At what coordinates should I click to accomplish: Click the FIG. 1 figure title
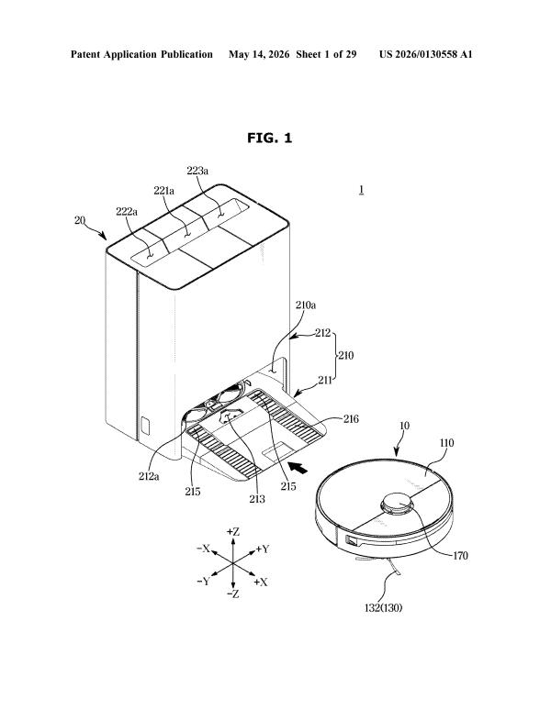pyautogui.click(x=270, y=138)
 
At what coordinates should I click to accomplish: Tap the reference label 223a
pyautogui.click(x=197, y=171)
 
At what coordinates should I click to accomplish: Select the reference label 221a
pyautogui.click(x=164, y=191)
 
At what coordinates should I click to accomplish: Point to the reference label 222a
pyautogui.click(x=127, y=211)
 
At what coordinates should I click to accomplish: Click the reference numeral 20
pyautogui.click(x=80, y=220)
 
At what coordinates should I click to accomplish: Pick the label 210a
pyautogui.click(x=306, y=305)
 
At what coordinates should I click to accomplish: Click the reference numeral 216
pyautogui.click(x=351, y=419)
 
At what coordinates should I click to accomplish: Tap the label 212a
pyautogui.click(x=149, y=476)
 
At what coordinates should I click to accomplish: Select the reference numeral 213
pyautogui.click(x=257, y=498)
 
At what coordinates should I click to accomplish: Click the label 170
pyautogui.click(x=460, y=556)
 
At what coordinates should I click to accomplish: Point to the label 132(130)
pyautogui.click(x=383, y=607)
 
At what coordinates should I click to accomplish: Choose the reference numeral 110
pyautogui.click(x=447, y=443)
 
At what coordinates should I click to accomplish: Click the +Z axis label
pyautogui.click(x=233, y=532)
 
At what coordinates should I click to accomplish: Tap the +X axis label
pyautogui.click(x=261, y=582)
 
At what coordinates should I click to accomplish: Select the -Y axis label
pyautogui.click(x=204, y=582)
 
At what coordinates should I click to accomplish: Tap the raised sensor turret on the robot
pyautogui.click(x=398, y=503)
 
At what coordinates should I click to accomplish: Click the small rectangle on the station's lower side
pyautogui.click(x=146, y=425)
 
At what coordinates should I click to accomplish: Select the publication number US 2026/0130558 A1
pyautogui.click(x=426, y=54)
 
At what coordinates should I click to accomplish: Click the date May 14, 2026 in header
pyautogui.click(x=259, y=55)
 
